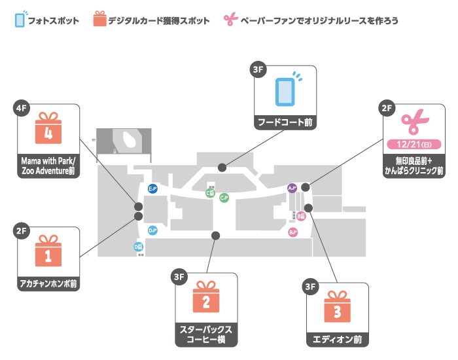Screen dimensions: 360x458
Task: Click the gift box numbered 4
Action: point(47,128)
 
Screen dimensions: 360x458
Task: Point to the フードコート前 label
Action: point(285,122)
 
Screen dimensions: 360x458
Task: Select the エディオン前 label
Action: point(338,340)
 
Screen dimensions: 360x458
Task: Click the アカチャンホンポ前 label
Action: point(48,284)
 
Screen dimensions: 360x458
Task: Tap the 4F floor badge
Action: point(22,107)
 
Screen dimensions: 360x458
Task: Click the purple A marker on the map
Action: point(292,189)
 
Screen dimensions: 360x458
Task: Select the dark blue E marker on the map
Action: point(152,189)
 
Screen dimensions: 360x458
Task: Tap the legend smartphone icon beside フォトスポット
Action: point(20,19)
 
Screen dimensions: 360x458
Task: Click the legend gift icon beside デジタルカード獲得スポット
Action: point(99,19)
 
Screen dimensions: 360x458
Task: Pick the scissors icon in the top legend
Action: point(229,20)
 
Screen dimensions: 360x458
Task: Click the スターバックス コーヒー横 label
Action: point(205,334)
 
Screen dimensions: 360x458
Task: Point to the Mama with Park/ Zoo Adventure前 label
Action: point(48,167)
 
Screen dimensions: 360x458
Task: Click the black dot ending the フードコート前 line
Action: point(222,166)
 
